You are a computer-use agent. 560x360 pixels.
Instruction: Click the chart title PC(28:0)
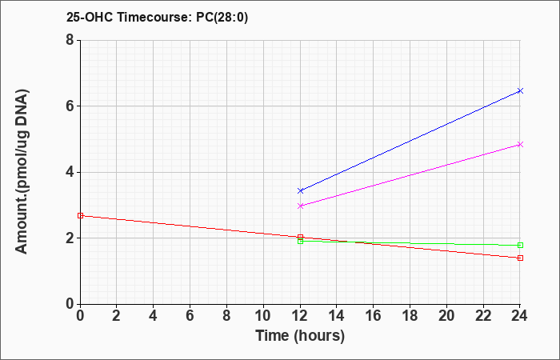click(x=222, y=18)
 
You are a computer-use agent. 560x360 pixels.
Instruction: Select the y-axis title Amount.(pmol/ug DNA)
click(x=22, y=171)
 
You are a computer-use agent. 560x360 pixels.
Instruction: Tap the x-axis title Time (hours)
click(x=300, y=336)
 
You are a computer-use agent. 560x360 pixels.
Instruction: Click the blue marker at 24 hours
click(x=520, y=90)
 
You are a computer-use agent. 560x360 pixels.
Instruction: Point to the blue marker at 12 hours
click(x=300, y=190)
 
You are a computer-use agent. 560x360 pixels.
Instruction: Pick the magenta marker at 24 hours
click(x=520, y=144)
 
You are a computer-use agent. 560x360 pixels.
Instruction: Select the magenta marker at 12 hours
click(x=300, y=206)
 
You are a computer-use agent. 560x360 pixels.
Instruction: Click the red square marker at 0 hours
click(x=80, y=216)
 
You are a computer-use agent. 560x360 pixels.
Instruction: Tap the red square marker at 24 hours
click(x=520, y=258)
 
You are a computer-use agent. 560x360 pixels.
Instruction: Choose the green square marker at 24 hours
click(x=520, y=246)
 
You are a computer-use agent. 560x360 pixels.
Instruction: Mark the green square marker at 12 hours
click(x=300, y=242)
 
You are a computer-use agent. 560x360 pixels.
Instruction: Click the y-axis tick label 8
click(x=70, y=40)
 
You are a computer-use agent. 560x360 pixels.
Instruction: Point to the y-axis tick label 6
click(x=70, y=106)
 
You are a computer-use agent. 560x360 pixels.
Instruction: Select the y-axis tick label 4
click(x=70, y=172)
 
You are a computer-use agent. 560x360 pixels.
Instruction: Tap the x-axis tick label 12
click(x=300, y=316)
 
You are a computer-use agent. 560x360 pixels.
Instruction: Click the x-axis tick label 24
click(x=520, y=316)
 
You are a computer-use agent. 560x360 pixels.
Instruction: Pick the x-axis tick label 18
click(x=410, y=316)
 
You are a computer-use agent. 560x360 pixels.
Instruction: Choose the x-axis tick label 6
click(x=190, y=316)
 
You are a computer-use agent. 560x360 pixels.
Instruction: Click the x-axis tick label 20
click(x=446, y=316)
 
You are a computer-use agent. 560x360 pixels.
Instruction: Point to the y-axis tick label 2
click(x=70, y=238)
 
